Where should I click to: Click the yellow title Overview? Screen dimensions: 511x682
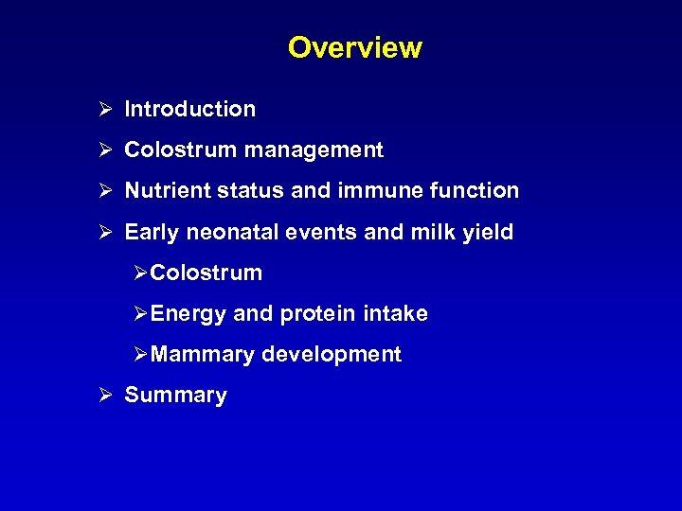pyautogui.click(x=355, y=47)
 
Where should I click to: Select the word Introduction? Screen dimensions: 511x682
pyautogui.click(x=190, y=109)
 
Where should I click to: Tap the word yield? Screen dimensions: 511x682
pyautogui.click(x=488, y=232)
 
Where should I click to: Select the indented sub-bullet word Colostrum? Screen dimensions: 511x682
pyautogui.click(x=206, y=273)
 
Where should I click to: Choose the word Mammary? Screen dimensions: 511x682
pyautogui.click(x=202, y=355)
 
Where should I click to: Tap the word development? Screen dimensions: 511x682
pyautogui.click(x=332, y=355)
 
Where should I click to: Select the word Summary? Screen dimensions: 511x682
pyautogui.click(x=176, y=396)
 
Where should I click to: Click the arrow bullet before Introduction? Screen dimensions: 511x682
pyautogui.click(x=105, y=109)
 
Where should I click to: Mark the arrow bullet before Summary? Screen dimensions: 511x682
pyautogui.click(x=105, y=396)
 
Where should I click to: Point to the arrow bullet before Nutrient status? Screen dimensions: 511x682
pyautogui.click(x=105, y=190)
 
